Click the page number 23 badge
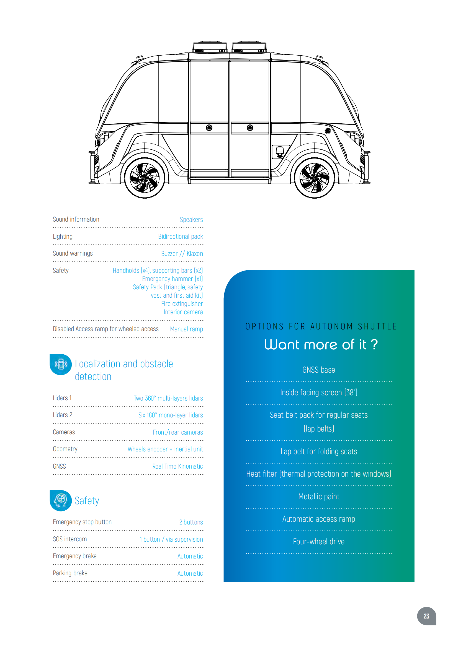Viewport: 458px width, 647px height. (426, 616)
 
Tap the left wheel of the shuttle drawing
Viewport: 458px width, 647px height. (145, 178)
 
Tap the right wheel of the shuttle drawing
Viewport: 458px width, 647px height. (315, 178)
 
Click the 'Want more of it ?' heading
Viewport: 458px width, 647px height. (321, 344)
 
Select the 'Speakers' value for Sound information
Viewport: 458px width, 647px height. (191, 220)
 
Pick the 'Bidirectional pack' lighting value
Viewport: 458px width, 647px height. (181, 237)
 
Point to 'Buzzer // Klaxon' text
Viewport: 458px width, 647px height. (182, 254)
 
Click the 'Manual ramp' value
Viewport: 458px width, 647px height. (186, 329)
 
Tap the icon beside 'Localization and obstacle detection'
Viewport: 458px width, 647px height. (61, 364)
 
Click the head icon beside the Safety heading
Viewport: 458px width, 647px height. (61, 500)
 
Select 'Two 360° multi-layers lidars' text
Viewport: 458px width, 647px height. (168, 398)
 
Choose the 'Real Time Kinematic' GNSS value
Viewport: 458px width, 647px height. (177, 466)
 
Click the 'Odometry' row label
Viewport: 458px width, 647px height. (65, 449)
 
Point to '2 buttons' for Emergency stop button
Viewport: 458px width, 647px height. (191, 522)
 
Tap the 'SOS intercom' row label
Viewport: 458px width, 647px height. (70, 539)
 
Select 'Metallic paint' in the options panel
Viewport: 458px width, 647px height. (319, 497)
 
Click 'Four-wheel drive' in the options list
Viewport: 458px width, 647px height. (319, 542)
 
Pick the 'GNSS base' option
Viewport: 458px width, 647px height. (319, 370)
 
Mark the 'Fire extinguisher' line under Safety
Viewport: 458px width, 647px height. (182, 304)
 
